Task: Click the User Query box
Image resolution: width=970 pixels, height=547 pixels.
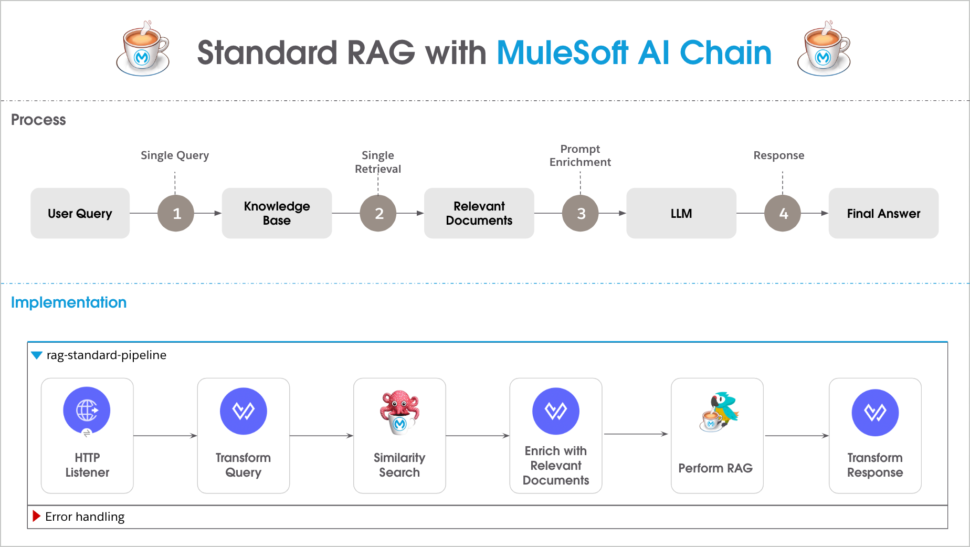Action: click(80, 213)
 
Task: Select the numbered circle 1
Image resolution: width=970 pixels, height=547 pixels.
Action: click(176, 213)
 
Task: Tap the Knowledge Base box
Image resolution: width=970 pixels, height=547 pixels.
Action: click(277, 213)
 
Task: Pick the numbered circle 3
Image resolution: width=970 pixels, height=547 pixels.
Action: click(581, 213)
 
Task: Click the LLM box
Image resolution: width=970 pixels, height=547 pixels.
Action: click(681, 213)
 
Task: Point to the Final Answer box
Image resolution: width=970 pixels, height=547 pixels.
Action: click(883, 213)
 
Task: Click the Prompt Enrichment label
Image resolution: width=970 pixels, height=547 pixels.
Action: click(580, 155)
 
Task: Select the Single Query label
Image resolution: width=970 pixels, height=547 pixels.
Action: click(175, 155)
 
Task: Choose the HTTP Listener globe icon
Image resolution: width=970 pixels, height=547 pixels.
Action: click(87, 411)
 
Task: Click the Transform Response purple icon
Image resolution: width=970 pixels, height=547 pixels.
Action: click(875, 412)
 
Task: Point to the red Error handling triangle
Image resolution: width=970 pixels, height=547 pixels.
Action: click(36, 516)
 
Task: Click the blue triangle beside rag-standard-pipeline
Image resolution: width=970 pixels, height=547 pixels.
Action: click(37, 355)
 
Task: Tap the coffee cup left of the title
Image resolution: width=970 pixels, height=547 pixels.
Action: click(143, 50)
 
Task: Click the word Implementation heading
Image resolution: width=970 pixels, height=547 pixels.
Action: click(69, 302)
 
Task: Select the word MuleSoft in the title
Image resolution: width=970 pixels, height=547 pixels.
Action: click(562, 53)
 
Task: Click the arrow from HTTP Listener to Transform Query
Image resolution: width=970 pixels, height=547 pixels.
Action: click(165, 435)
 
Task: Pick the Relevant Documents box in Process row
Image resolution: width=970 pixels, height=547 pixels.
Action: click(479, 213)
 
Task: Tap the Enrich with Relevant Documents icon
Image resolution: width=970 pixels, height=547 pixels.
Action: click(555, 411)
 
